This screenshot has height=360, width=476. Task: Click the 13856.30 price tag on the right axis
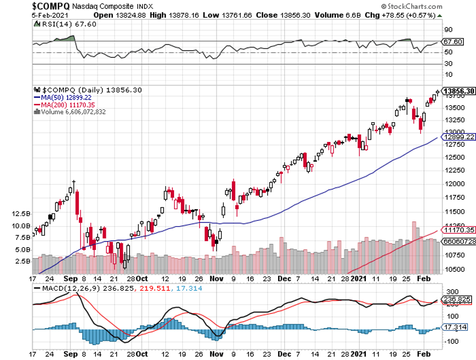(459, 91)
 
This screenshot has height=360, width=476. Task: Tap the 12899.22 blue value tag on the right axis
(459, 137)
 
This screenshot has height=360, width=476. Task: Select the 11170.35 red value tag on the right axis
(459, 230)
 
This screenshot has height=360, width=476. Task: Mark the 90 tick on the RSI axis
(448, 30)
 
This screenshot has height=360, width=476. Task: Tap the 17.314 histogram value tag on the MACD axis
(455, 327)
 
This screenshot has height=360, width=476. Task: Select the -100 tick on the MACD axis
(453, 341)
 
